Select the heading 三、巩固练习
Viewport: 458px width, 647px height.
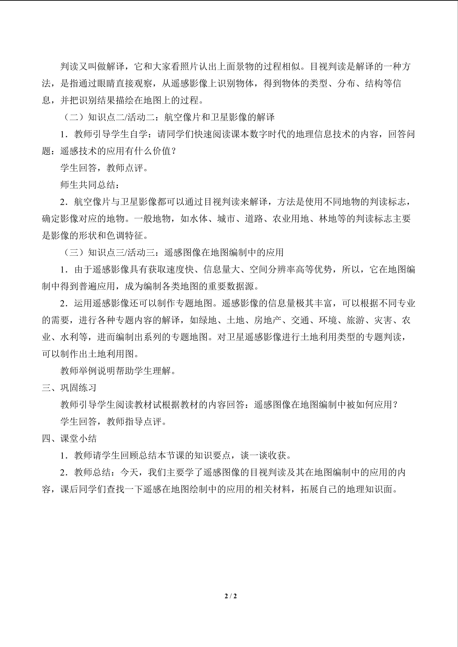coord(69,388)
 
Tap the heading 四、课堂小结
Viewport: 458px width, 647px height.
coord(69,439)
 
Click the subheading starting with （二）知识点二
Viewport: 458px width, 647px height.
coord(168,117)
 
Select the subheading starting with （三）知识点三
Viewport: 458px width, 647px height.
coord(172,252)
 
